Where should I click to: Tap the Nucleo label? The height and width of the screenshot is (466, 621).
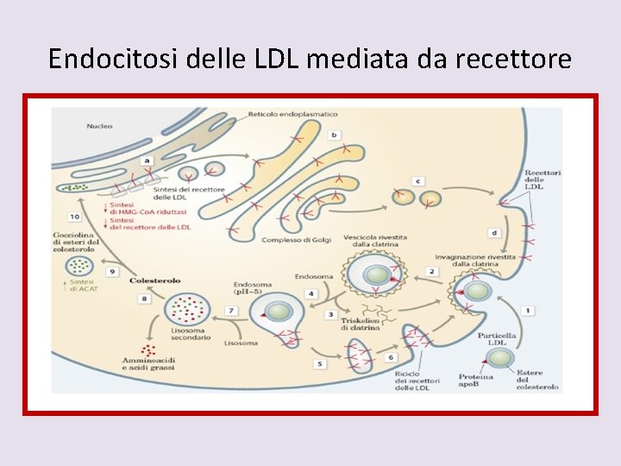pyautogui.click(x=98, y=126)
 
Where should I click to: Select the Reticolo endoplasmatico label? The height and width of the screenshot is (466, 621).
pyautogui.click(x=293, y=114)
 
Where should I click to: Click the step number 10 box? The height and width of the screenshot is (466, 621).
pyautogui.click(x=75, y=217)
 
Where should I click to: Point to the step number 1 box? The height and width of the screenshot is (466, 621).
pyautogui.click(x=527, y=310)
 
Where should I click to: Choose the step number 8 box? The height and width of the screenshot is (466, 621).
pyautogui.click(x=144, y=299)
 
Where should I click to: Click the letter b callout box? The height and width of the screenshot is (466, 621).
pyautogui.click(x=334, y=135)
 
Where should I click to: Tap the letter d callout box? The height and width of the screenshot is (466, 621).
pyautogui.click(x=493, y=233)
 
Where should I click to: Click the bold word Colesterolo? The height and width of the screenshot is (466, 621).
pyautogui.click(x=154, y=280)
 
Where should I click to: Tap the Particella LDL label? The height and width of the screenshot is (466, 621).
pyautogui.click(x=501, y=339)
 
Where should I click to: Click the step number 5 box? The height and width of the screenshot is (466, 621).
pyautogui.click(x=320, y=364)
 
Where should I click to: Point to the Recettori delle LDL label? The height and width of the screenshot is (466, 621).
pyautogui.click(x=543, y=179)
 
